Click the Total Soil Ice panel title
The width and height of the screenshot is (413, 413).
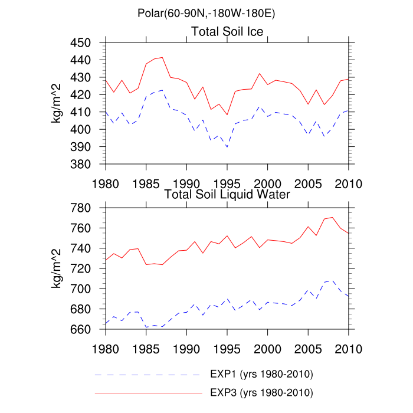click(227, 31)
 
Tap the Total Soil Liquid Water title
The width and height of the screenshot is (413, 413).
click(227, 194)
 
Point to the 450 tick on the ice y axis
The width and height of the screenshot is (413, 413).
click(88, 43)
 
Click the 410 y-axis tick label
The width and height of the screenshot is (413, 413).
click(88, 112)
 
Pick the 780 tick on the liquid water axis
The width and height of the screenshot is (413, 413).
click(88, 208)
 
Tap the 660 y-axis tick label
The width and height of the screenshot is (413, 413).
click(88, 329)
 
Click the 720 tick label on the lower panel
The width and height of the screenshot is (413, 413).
click(88, 268)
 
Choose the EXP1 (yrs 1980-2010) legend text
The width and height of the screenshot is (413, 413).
click(261, 375)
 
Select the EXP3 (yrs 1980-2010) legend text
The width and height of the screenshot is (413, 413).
click(261, 392)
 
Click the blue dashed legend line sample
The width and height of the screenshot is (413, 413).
click(147, 375)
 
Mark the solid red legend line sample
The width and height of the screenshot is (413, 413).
click(147, 392)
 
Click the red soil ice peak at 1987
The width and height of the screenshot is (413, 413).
click(162, 57)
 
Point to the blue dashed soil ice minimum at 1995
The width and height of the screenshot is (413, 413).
click(227, 147)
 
